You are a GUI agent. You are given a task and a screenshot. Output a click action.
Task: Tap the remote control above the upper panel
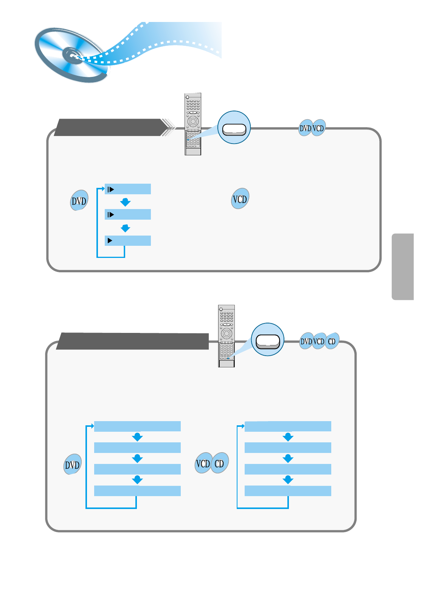[192, 124]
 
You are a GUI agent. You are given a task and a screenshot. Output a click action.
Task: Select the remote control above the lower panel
[226, 336]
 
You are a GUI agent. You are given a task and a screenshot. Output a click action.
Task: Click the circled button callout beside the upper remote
[234, 128]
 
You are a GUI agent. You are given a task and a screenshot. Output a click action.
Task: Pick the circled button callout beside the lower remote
[267, 340]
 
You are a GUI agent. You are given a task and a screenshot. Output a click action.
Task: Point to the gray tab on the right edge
[403, 267]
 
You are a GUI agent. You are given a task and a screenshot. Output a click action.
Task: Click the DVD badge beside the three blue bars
[79, 200]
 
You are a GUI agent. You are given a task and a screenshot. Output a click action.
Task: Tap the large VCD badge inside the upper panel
[240, 199]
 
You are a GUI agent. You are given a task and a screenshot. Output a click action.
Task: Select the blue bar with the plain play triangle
[128, 240]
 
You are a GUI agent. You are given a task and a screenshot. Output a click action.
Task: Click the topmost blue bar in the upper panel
[128, 189]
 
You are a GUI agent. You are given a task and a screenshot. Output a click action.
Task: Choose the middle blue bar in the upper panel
[128, 214]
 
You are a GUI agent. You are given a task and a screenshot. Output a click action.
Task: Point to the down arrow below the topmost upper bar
[125, 202]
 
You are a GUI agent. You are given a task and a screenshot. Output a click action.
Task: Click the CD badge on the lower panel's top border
[332, 341]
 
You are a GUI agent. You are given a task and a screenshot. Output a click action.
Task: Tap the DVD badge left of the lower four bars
[72, 464]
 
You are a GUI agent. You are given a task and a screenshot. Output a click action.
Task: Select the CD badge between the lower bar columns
[219, 463]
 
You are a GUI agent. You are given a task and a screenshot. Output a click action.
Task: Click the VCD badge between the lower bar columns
[203, 463]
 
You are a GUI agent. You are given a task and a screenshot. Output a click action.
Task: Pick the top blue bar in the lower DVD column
[137, 426]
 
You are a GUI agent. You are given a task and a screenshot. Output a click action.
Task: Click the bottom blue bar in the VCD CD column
[288, 491]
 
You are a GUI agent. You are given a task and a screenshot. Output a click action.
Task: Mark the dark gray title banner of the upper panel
[110, 127]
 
